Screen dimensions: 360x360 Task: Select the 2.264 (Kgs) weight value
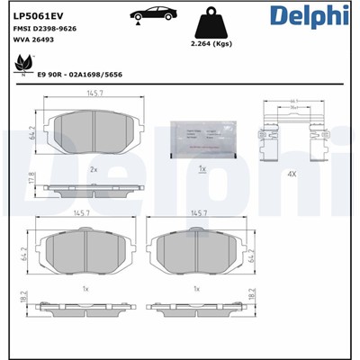[213, 42]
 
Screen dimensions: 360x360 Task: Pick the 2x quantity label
[93, 168]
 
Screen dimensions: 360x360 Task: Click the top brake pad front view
[93, 135]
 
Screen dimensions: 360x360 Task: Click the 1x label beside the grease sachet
[202, 168]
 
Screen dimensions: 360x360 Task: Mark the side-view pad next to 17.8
[93, 190]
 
